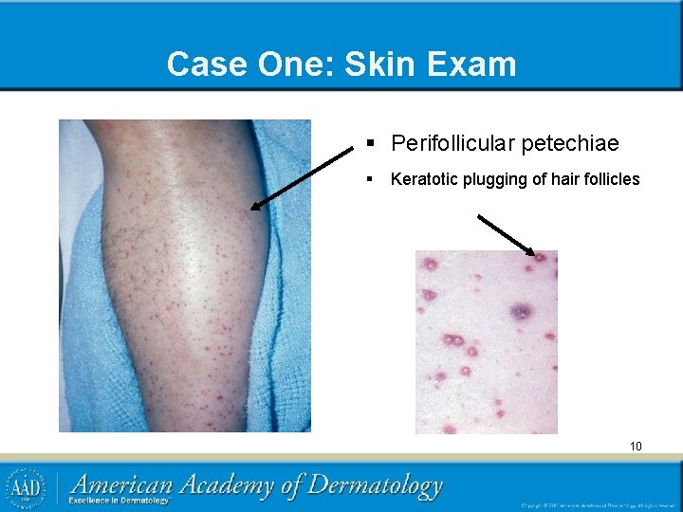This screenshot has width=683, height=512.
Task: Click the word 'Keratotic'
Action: pyautogui.click(x=425, y=179)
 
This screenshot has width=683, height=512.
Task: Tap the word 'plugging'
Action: pyautogui.click(x=494, y=179)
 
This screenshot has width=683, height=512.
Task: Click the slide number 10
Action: pyautogui.click(x=636, y=446)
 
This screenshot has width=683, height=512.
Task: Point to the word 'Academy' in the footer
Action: pyautogui.click(x=227, y=486)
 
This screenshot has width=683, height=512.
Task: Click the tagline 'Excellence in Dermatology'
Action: pyautogui.click(x=119, y=501)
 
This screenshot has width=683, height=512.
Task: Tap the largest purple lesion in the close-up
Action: pyautogui.click(x=521, y=311)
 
